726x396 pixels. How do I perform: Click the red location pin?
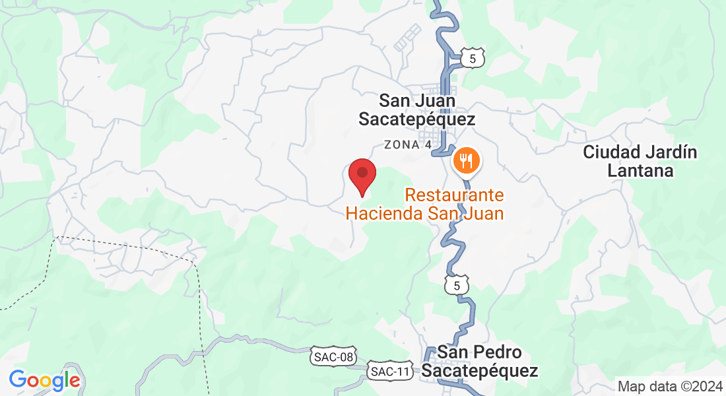362,175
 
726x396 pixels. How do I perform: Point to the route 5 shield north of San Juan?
473,59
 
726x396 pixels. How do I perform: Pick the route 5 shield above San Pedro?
457,285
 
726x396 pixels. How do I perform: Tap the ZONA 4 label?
412,145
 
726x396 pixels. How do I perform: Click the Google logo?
45,380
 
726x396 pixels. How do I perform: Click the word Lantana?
640,171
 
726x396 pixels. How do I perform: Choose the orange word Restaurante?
455,195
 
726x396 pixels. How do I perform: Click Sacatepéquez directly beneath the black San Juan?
416,119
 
